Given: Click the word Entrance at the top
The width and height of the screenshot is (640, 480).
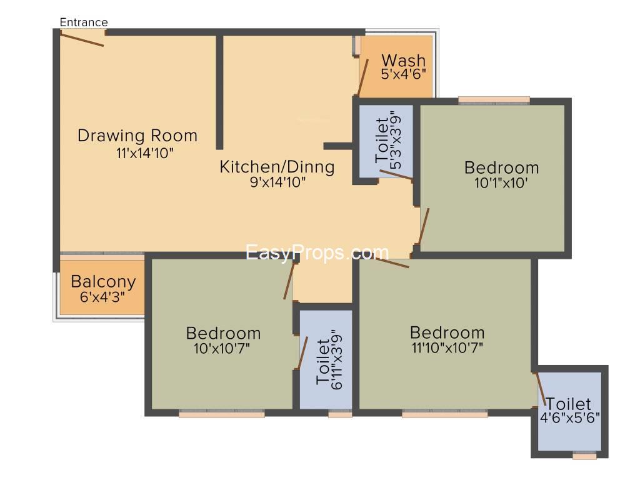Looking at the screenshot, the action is [84, 22].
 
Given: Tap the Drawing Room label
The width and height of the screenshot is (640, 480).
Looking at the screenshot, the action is [137, 136].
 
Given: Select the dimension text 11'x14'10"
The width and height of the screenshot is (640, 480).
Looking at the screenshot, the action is [145, 153].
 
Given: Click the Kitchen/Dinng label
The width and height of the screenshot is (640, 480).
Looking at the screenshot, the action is [277, 166].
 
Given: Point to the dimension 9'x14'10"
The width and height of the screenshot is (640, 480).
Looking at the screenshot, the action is [277, 182].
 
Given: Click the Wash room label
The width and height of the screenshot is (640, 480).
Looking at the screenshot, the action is [404, 61].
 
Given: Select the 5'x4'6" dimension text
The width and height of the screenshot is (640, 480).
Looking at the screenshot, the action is [404, 74].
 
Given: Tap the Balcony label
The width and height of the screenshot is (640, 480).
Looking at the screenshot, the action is [103, 282].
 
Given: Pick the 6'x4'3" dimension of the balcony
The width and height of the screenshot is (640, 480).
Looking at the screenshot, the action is [102, 297].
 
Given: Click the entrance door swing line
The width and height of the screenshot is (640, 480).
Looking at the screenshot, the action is [82, 39].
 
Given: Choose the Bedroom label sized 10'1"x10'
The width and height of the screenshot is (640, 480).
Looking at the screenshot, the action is [502, 167].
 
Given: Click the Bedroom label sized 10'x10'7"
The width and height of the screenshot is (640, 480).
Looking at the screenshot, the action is [223, 334].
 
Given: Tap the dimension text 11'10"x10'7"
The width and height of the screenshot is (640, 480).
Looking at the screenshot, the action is [447, 348].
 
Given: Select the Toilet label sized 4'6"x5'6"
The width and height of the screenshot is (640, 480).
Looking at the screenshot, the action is [568, 404].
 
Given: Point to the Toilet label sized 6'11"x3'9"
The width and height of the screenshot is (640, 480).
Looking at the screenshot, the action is [323, 362].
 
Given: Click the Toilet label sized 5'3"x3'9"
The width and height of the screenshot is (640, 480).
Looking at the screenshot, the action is [382, 140].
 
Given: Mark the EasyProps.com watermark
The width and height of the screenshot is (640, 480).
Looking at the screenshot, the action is [317, 252].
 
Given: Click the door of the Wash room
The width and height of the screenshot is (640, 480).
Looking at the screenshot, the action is [363, 77].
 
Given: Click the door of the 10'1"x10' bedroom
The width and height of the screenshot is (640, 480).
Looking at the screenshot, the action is [424, 226].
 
